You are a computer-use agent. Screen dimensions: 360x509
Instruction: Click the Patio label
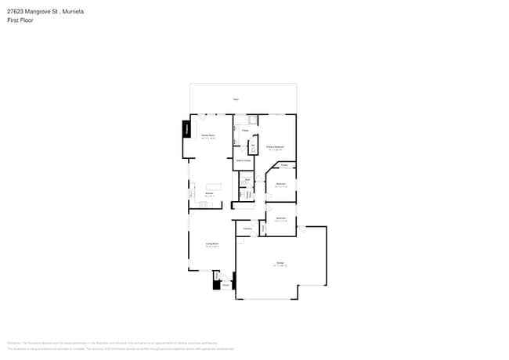pyautogui.click(x=236, y=99)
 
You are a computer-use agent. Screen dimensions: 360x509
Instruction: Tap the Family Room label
pyautogui.click(x=208, y=135)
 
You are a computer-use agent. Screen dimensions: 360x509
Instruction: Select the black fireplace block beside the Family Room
pyautogui.click(x=186, y=129)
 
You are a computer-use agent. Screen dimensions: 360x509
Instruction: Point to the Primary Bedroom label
pyautogui.click(x=274, y=146)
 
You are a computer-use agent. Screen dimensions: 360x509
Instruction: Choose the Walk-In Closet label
pyautogui.click(x=243, y=160)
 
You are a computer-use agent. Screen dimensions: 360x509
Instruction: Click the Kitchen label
pyautogui.click(x=210, y=193)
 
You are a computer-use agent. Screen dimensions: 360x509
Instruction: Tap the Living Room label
pyautogui.click(x=211, y=244)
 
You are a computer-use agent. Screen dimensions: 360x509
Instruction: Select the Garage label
pyautogui.click(x=280, y=262)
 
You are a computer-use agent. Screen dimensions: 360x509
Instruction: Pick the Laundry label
pyautogui.click(x=247, y=229)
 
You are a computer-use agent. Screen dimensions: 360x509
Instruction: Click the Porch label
pyautogui.click(x=225, y=286)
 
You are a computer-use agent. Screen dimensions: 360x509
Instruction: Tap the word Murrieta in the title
pyautogui.click(x=73, y=13)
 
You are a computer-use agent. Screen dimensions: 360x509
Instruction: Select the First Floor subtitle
pyautogui.click(x=20, y=21)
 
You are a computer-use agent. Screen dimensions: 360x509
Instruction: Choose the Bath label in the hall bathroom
pyautogui.click(x=247, y=181)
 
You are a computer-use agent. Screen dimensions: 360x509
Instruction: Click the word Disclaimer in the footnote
pyautogui.click(x=13, y=342)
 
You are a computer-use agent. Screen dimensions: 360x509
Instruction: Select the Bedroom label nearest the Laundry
pyautogui.click(x=280, y=218)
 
